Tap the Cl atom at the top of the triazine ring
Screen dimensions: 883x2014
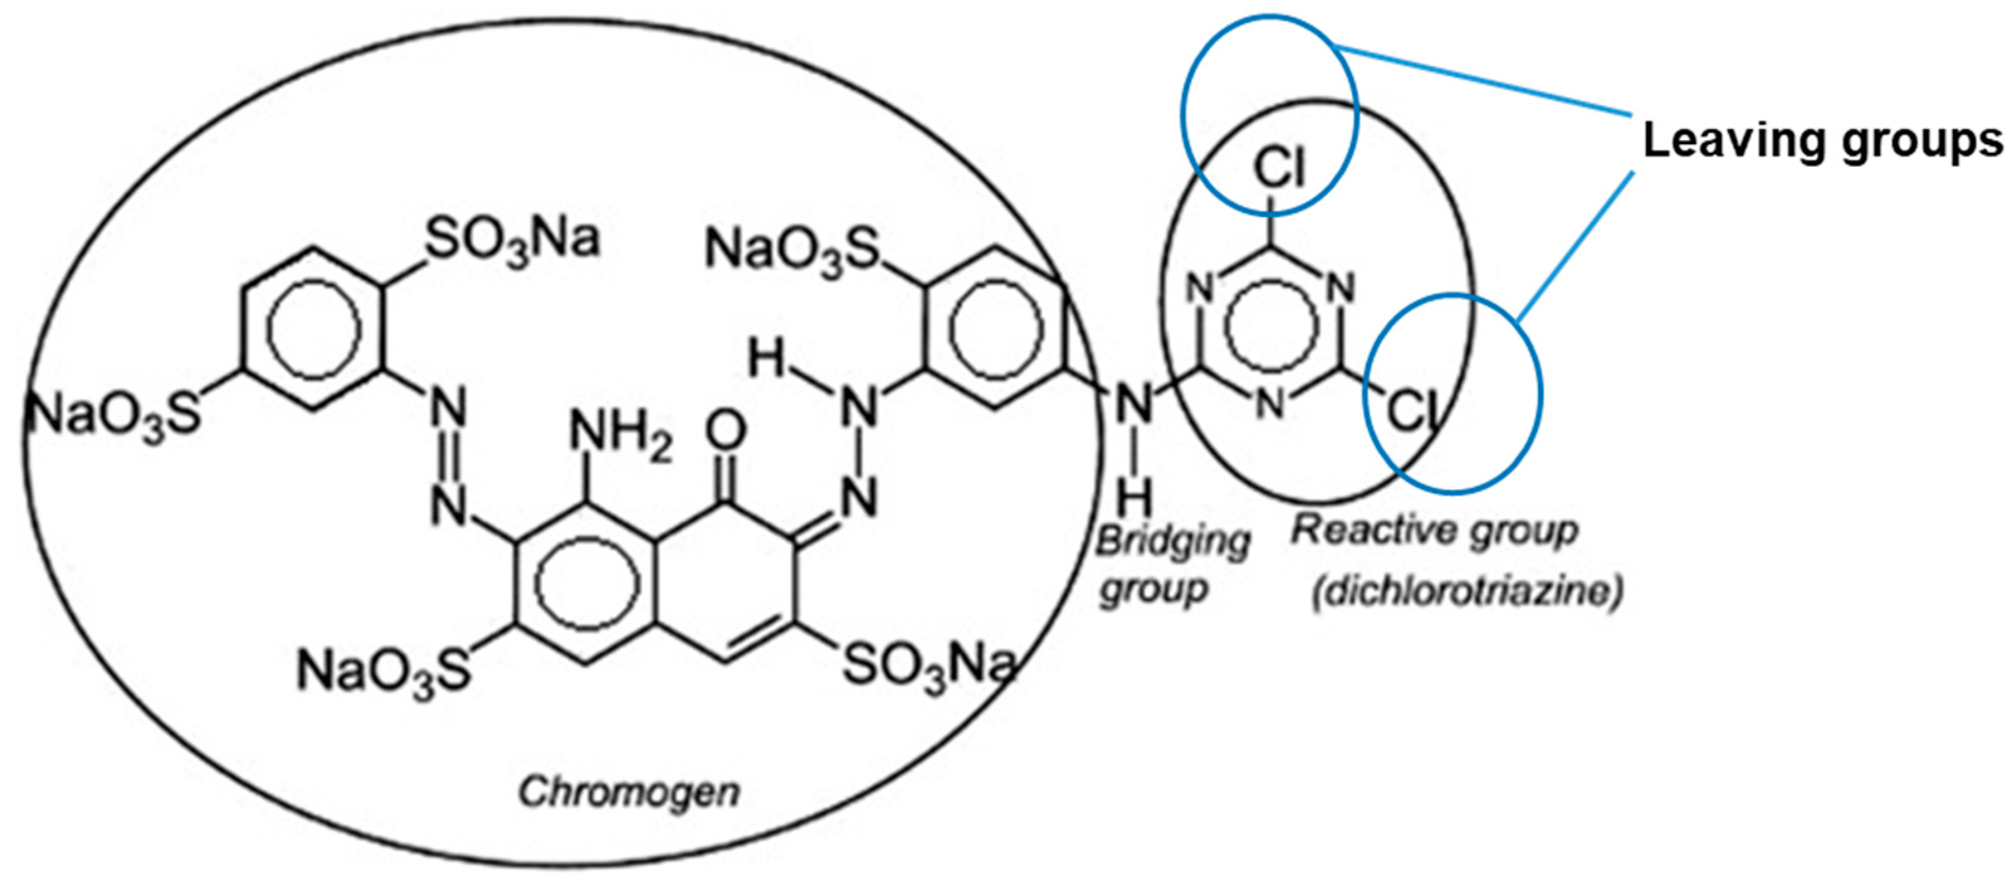pos(1280,167)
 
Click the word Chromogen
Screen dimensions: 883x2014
pos(629,792)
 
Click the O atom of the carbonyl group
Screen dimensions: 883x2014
pos(725,431)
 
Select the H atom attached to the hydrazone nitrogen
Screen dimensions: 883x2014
pos(766,360)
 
